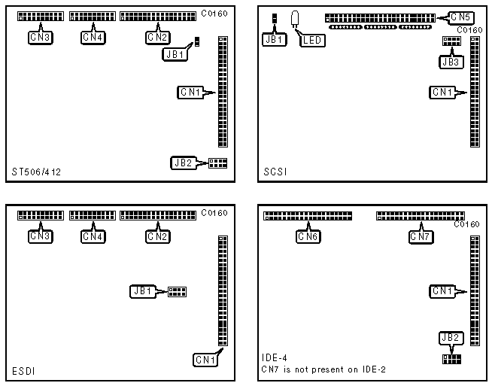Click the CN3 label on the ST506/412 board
(41, 36)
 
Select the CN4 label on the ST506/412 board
(92, 36)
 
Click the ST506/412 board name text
(37, 172)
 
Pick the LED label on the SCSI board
(311, 40)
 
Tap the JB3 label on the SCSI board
(451, 62)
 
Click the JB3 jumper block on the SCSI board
(451, 43)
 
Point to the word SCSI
(276, 172)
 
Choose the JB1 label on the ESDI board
(142, 291)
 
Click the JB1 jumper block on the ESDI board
(178, 291)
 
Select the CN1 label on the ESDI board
(205, 360)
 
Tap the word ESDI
(23, 371)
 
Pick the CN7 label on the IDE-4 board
(421, 236)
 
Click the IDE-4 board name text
(275, 358)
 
